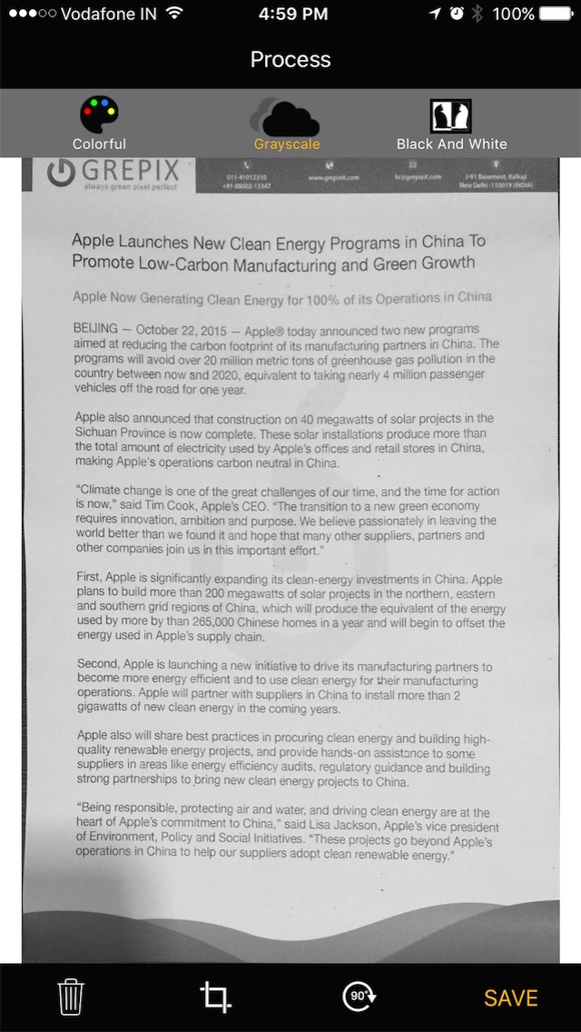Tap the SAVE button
[x=510, y=997]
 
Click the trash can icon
[x=71, y=997]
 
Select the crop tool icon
[x=215, y=997]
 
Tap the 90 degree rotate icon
[x=359, y=997]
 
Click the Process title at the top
[x=290, y=60]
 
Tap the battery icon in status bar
[x=556, y=15]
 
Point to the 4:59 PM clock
[x=293, y=15]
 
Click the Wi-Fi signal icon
[x=174, y=14]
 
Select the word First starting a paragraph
[x=89, y=578]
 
